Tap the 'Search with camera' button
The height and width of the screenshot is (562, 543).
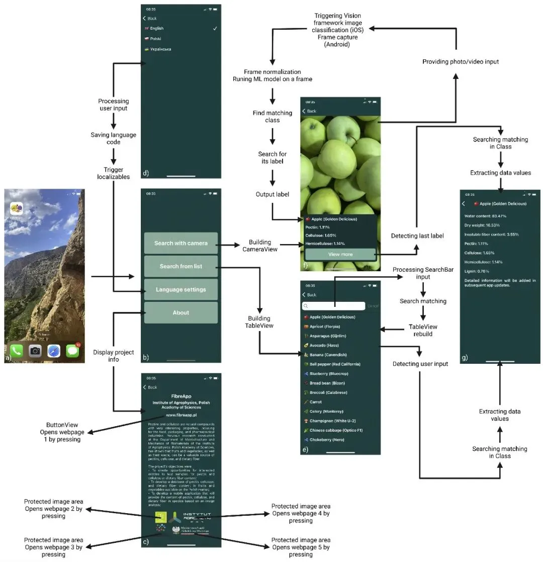[181, 243]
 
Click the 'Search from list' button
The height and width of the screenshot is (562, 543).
[181, 266]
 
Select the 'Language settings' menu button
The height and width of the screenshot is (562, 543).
[181, 289]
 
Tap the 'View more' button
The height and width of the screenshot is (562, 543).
[340, 255]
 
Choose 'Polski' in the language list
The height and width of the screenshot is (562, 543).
[156, 39]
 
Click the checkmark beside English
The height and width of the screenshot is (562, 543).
[215, 29]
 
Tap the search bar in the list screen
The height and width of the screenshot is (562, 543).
[333, 306]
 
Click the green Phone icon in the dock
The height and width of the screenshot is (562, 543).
[16, 351]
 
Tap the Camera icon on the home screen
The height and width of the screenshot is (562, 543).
[35, 351]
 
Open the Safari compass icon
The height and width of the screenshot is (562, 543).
[54, 351]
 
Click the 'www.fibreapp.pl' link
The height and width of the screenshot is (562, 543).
[181, 416]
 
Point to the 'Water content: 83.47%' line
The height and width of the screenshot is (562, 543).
[485, 216]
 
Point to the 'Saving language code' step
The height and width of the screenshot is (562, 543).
[113, 138]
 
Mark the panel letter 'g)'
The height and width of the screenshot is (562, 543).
[465, 358]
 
